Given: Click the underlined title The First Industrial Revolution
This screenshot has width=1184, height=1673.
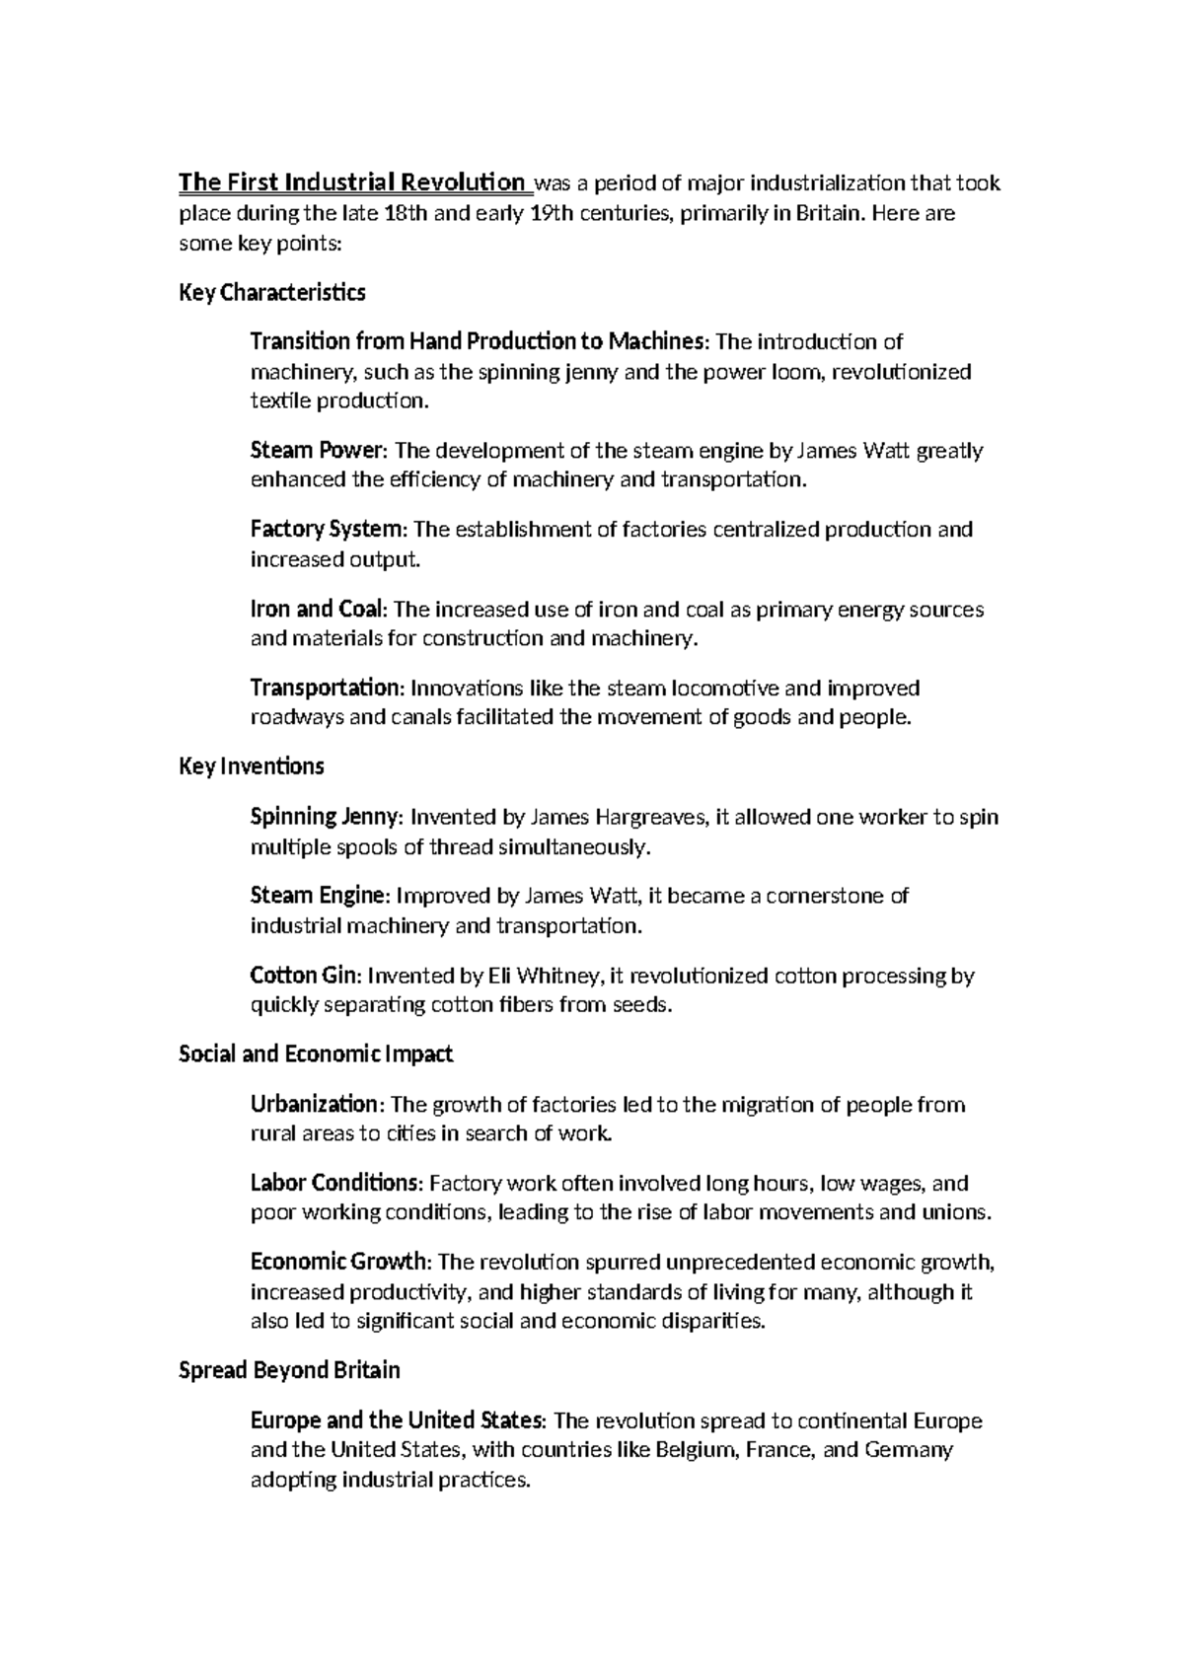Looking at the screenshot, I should click(352, 183).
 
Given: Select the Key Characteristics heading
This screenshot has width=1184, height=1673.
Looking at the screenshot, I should click(272, 293).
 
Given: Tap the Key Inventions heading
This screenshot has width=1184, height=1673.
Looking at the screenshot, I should click(252, 766).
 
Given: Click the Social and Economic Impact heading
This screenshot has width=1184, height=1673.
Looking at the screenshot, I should click(316, 1055).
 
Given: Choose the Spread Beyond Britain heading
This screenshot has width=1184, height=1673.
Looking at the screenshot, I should click(289, 1371).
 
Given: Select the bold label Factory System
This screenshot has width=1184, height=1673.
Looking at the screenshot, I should click(327, 530).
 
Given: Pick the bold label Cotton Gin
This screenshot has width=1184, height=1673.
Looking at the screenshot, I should click(306, 976).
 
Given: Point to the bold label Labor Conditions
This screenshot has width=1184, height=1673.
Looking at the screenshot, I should click(334, 1183).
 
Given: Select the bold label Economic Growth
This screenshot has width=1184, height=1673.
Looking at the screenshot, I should click(338, 1262).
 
